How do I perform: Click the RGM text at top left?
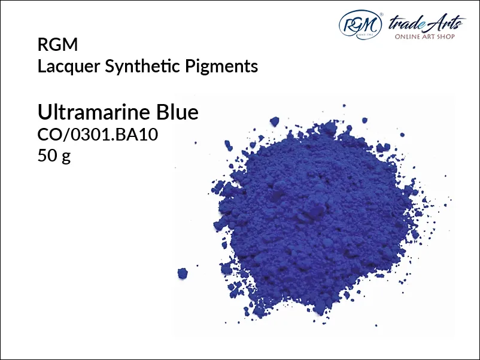(57, 44)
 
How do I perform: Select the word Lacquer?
(69, 66)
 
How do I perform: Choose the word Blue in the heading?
(177, 112)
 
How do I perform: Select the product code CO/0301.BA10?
(98, 135)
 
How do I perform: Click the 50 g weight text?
(54, 156)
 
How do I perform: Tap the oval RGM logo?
(360, 25)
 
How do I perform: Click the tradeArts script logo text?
(426, 23)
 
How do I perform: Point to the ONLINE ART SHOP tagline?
(424, 36)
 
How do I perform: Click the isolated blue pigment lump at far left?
(183, 273)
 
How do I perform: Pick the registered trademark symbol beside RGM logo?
(381, 14)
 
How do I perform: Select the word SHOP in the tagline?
(446, 36)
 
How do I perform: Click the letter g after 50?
(66, 157)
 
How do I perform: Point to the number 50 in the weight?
(47, 155)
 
